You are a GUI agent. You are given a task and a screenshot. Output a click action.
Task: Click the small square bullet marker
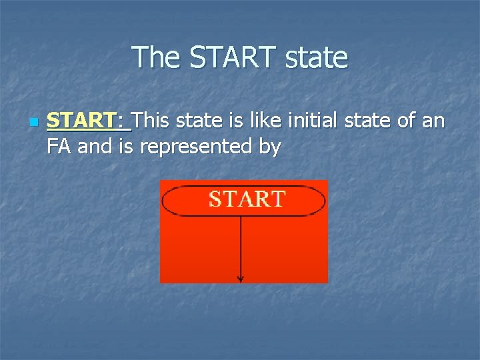tap(32, 123)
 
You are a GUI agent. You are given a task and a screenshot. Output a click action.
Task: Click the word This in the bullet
tap(155, 121)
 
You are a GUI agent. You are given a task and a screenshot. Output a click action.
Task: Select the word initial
tap(310, 121)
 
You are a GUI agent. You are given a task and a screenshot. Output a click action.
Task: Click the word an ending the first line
tap(434, 121)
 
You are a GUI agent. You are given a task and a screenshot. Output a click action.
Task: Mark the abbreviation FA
tap(59, 146)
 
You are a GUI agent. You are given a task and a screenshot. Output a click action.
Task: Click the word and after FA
tap(94, 146)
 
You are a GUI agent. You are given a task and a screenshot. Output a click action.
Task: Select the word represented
tap(198, 146)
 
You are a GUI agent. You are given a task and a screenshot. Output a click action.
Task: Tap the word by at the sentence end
tap(269, 146)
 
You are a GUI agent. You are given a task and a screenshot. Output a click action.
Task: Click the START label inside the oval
tap(247, 199)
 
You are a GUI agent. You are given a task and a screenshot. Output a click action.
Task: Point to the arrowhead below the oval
tap(241, 278)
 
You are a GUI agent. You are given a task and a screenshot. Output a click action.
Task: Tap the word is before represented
tap(126, 146)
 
